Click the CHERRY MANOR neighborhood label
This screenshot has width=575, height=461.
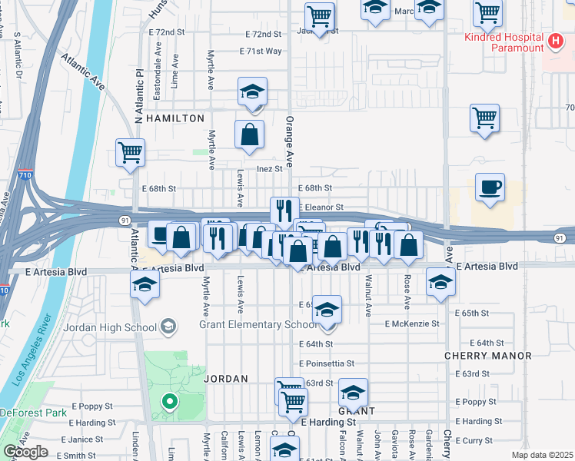tap(488, 356)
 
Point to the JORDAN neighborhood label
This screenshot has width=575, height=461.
tap(225, 379)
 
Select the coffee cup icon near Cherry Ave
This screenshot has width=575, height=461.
tap(490, 187)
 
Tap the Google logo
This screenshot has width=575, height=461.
tap(25, 452)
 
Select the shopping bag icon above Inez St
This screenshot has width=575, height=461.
tap(250, 135)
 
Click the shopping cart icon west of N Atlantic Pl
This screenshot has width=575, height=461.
tap(130, 152)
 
